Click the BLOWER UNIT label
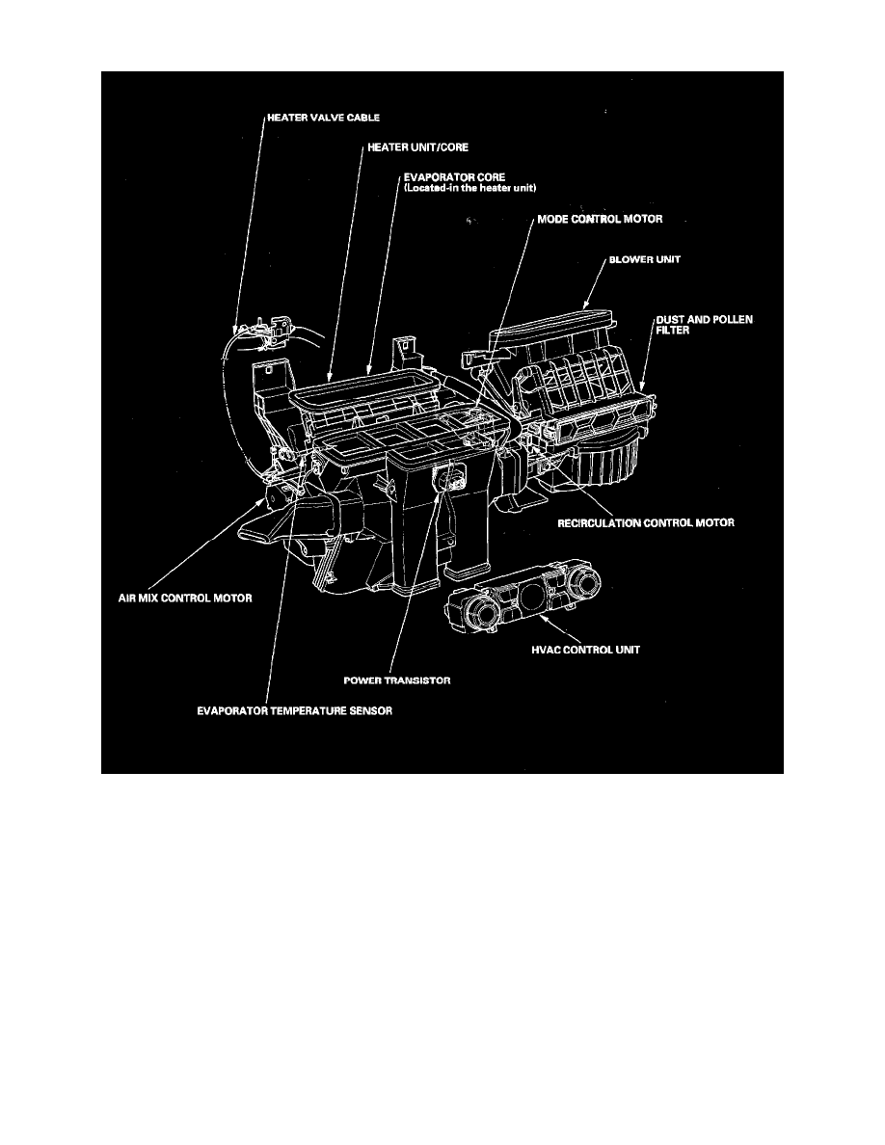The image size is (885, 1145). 643,260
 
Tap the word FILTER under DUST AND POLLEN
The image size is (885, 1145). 674,329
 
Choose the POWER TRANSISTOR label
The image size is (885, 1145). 398,679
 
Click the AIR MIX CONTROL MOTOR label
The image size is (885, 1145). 192,599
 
